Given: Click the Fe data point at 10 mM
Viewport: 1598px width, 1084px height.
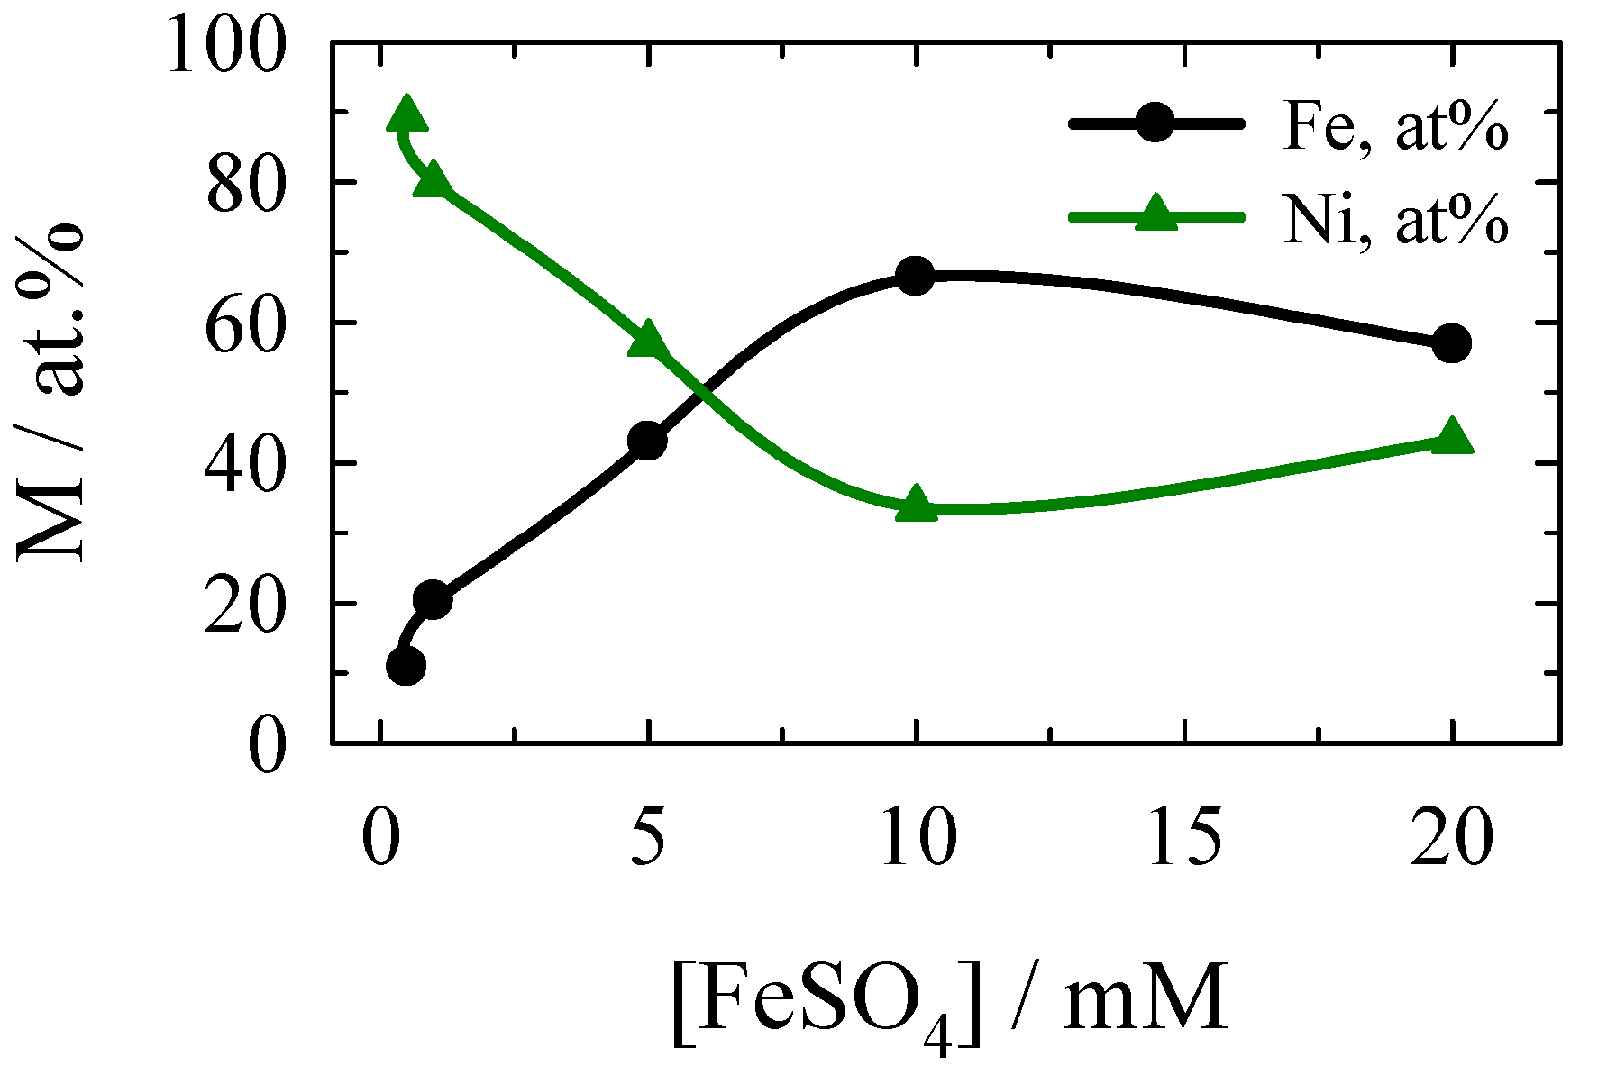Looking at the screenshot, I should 915,276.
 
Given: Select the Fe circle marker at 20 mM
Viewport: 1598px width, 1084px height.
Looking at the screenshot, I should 1451,343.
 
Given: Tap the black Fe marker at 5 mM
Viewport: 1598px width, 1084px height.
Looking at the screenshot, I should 647,441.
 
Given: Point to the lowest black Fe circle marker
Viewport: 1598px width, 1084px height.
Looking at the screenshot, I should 406,667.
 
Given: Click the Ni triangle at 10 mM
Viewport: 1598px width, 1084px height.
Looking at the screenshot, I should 916,505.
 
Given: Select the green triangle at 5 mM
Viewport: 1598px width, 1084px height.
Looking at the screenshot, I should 647,341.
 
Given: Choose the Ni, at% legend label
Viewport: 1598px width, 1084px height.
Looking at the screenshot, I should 1394,220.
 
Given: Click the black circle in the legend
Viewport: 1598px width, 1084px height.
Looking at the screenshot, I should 1155,123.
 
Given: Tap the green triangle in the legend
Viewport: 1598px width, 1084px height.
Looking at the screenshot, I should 1155,215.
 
